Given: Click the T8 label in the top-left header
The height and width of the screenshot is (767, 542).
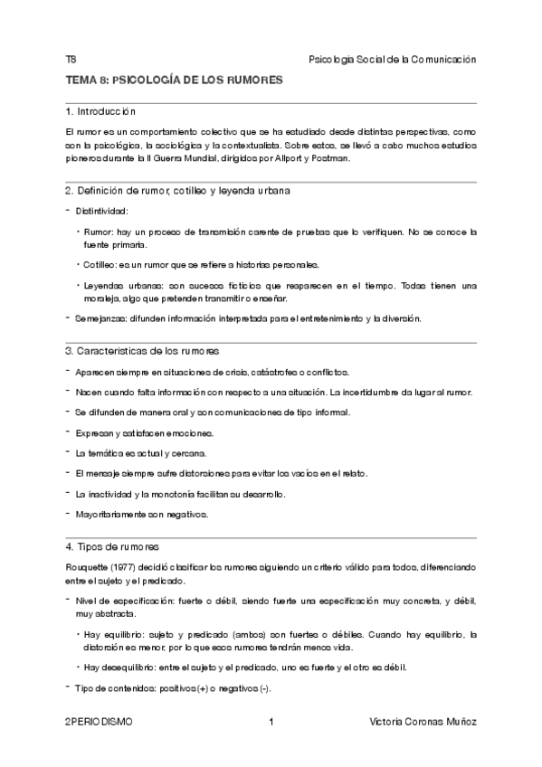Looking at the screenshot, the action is (x=71, y=59).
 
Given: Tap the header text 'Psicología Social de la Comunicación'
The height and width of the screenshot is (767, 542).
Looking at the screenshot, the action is (x=392, y=59).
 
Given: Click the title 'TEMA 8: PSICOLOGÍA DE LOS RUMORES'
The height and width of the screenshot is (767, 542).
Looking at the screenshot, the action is (x=175, y=80).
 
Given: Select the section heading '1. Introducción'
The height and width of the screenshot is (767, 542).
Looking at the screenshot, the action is (x=100, y=112).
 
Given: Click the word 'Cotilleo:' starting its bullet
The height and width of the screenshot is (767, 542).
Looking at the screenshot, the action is (x=104, y=264).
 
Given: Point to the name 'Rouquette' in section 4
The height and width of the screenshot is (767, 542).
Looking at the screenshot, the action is (x=88, y=566).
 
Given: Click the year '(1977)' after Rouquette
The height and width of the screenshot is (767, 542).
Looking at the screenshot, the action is (x=128, y=566).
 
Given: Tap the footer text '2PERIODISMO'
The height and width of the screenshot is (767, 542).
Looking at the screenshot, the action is (x=99, y=722).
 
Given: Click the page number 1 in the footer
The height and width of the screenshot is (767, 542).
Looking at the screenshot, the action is (x=271, y=722).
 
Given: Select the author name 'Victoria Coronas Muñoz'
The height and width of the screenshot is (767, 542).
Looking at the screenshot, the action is (x=423, y=722).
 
